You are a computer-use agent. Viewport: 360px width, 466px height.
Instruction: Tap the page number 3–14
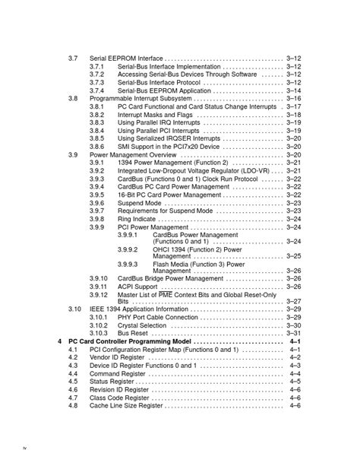pos(294,90)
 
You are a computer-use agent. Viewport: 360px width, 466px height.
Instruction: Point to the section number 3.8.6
pos(96,147)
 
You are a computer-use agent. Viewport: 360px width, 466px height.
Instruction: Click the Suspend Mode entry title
pos(139,203)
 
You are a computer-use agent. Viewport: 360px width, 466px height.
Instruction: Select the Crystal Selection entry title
pos(142,325)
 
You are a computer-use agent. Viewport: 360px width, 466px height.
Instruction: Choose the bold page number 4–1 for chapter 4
pos(295,342)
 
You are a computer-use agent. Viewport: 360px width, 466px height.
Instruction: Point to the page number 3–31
pos(294,333)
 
